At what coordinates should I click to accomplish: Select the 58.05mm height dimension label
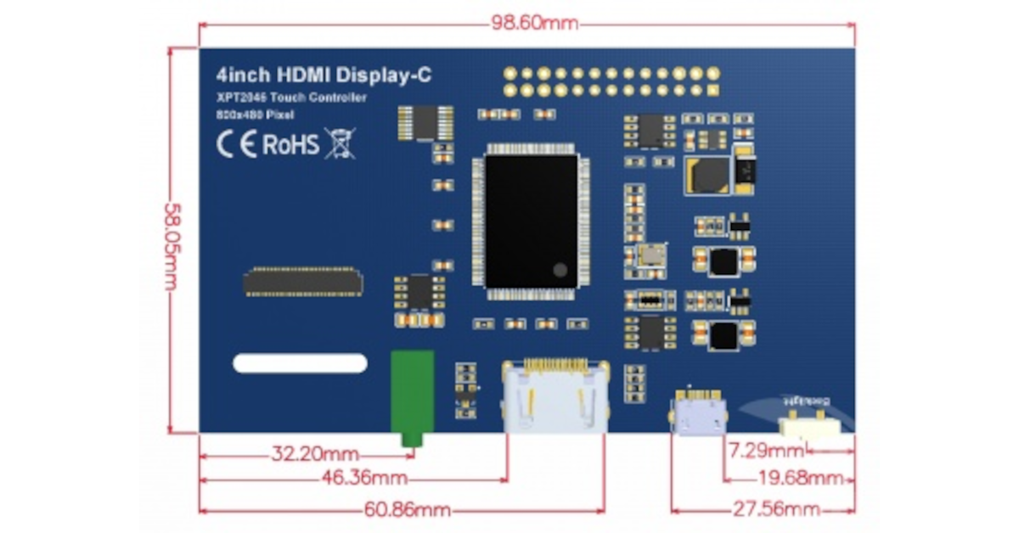click(x=172, y=240)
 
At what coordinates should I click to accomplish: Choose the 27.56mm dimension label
click(x=777, y=509)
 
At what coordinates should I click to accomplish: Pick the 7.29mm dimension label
click(x=767, y=449)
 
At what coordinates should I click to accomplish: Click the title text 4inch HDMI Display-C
click(x=324, y=75)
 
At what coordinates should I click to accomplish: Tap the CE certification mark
click(x=237, y=144)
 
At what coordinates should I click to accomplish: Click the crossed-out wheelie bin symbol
click(x=340, y=143)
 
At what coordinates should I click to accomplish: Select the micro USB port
click(x=699, y=413)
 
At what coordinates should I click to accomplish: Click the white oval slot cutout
click(x=300, y=363)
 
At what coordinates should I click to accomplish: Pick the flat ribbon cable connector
click(x=303, y=283)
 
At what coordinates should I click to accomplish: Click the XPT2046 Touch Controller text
click(x=291, y=98)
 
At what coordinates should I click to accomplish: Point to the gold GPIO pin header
click(x=611, y=81)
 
